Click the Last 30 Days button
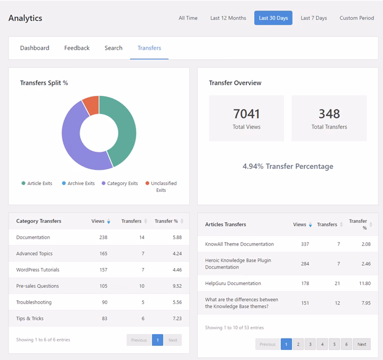coord(273,18)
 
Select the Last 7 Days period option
coord(314,18)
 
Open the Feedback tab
coord(77,48)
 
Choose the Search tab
coord(114,48)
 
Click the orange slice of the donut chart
coord(92,105)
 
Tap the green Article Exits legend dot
coord(24,183)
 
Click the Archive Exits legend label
coord(81,183)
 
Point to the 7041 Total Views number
coord(246,114)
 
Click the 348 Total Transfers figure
coord(329,114)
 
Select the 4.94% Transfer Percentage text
coord(288,166)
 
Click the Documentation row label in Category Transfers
coord(33,237)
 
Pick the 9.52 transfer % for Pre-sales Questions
coord(177,286)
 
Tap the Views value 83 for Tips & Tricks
coord(105,318)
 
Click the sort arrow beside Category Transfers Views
coord(108,221)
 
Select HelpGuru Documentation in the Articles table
coord(233,283)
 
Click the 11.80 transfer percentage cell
coord(365,283)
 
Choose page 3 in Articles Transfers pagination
coord(310,344)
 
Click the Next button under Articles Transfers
coord(362,344)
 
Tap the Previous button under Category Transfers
coord(139,340)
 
